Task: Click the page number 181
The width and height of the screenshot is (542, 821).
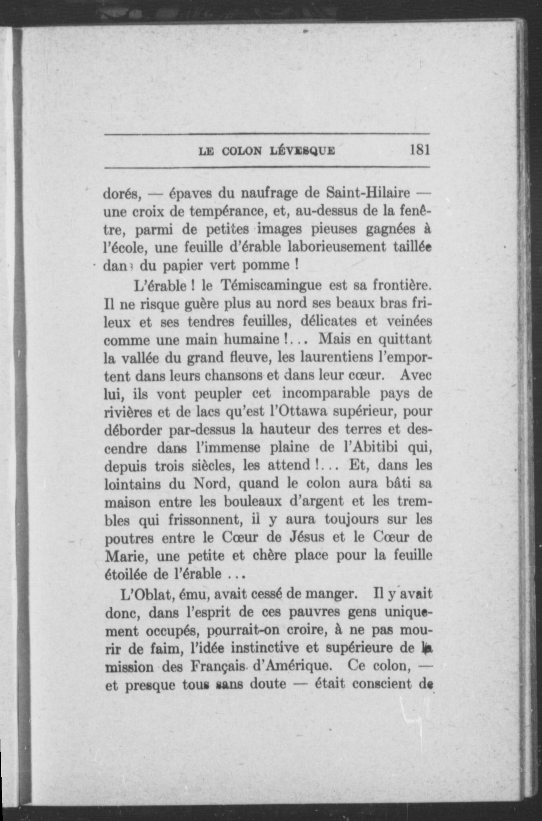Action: (419, 150)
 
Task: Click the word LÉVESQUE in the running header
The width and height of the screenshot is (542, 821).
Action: (302, 151)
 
